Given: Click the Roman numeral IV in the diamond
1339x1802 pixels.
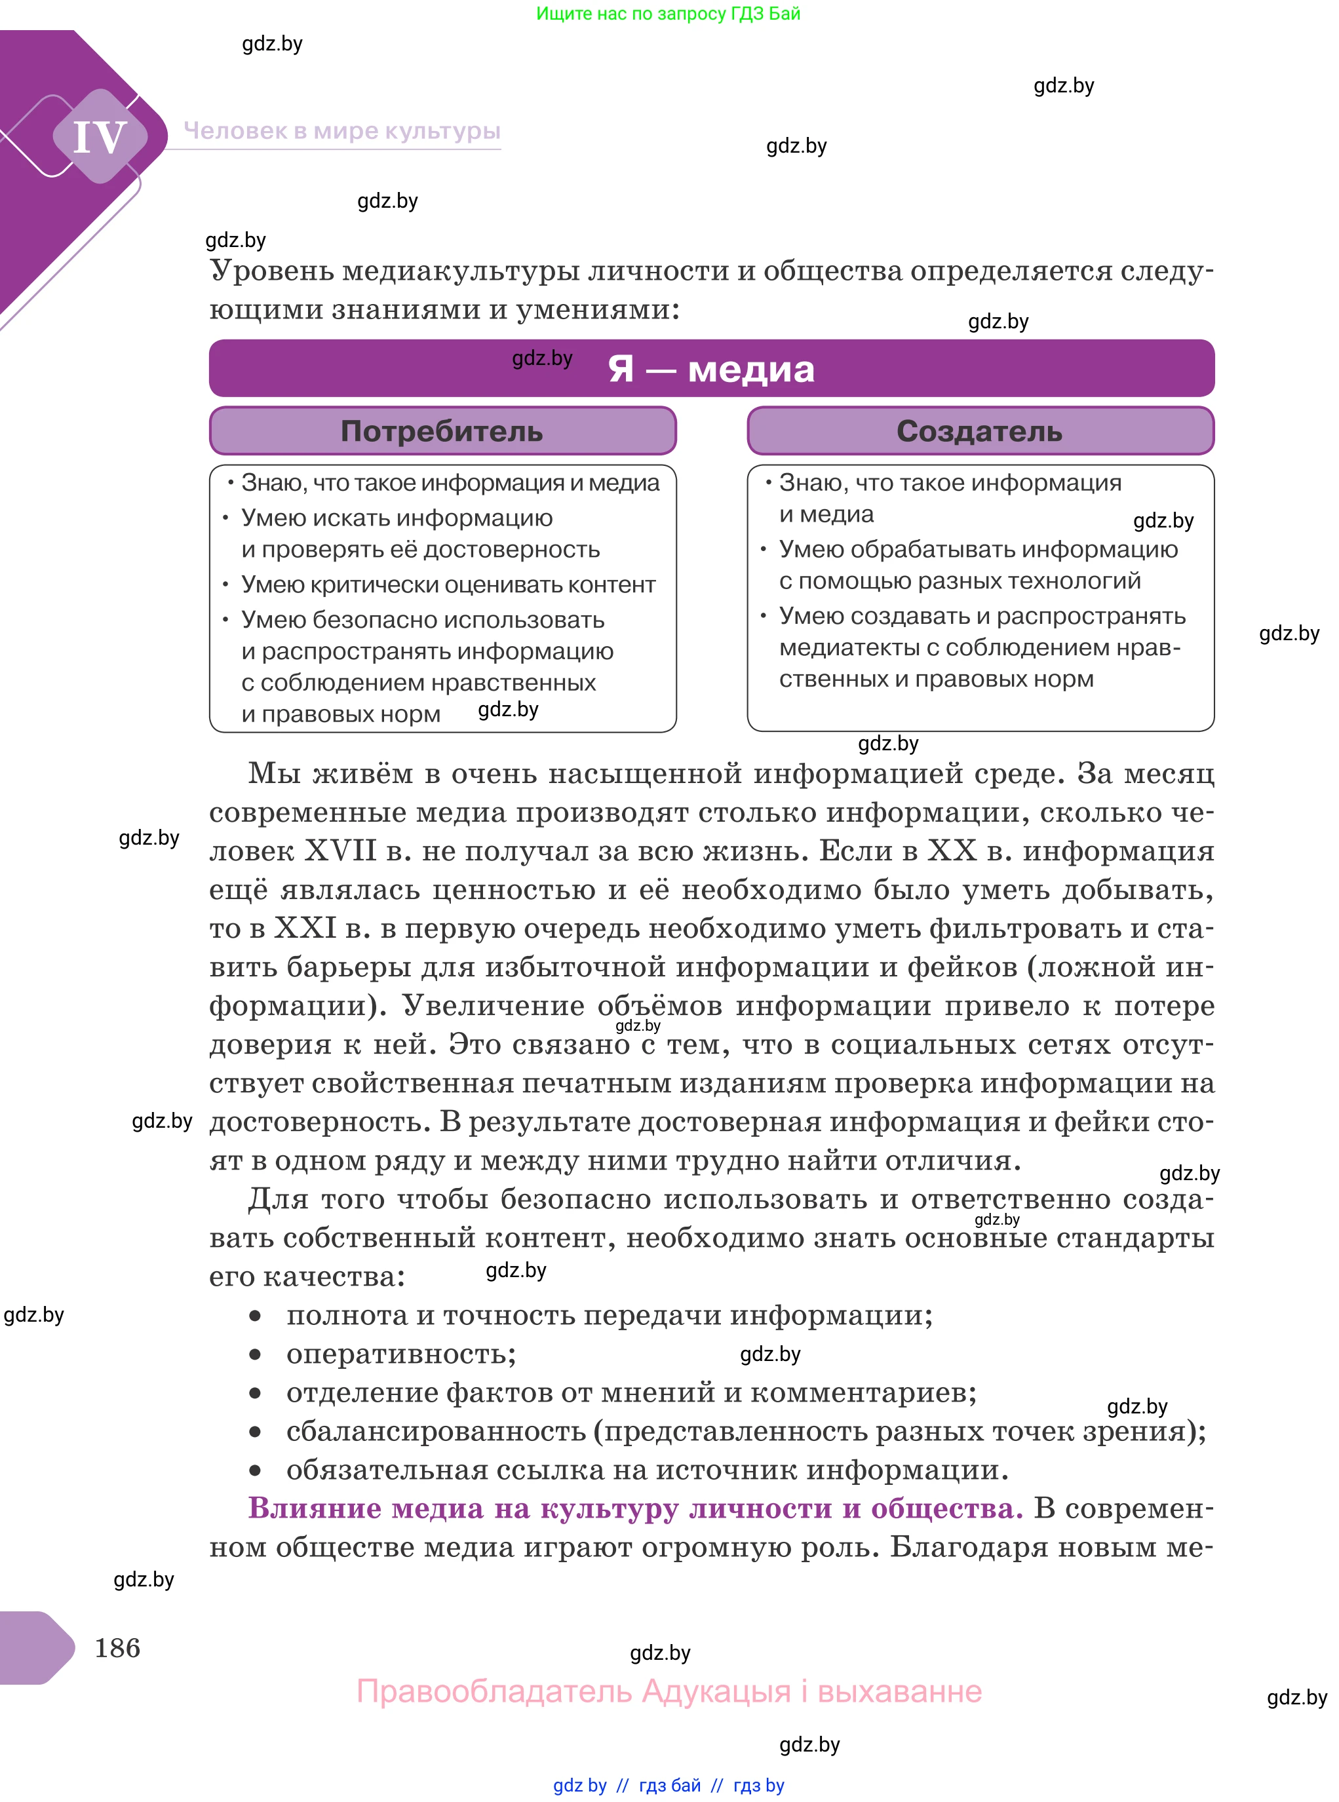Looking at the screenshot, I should point(100,136).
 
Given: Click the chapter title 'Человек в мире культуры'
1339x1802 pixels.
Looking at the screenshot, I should point(341,130).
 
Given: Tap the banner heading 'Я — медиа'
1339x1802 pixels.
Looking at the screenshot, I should point(711,369).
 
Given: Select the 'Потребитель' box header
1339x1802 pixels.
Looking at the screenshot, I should point(442,431).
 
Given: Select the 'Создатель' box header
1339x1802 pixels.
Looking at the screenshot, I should point(979,431).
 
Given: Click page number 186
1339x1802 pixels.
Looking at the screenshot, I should point(117,1647).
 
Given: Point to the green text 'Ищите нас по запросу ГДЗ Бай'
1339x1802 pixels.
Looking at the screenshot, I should point(668,13).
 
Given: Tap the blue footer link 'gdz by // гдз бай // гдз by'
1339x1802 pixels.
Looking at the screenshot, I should point(668,1785).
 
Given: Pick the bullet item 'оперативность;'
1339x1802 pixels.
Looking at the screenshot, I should point(401,1353).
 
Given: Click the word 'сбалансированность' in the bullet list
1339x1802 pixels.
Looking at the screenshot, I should point(435,1431).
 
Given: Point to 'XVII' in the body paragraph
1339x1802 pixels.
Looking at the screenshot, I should point(340,851).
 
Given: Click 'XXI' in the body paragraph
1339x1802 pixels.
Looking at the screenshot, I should point(305,928).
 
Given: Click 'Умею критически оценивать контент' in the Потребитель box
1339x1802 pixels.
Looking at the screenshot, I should point(448,585).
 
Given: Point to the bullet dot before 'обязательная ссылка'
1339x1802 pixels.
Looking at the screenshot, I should point(256,1470).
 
